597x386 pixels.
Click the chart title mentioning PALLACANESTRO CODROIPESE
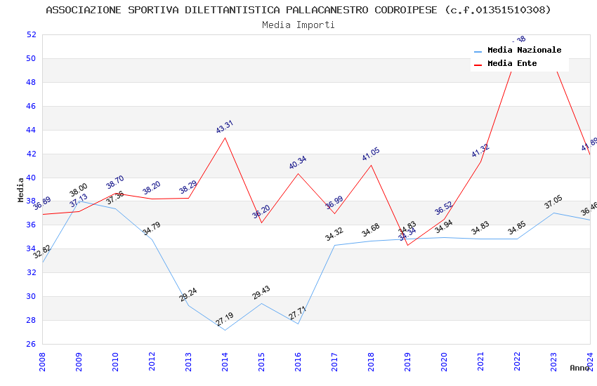tap(298, 10)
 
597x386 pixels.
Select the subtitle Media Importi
tap(298, 25)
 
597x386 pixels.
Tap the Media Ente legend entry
tap(512, 64)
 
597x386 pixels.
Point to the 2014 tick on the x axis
tap(225, 361)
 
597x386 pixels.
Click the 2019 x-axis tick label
tap(407, 361)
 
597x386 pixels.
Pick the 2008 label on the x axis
tap(42, 361)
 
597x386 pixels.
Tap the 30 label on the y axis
tap(31, 296)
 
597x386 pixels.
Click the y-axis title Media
tap(21, 189)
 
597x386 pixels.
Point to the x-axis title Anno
tap(579, 368)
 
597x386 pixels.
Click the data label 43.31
tap(225, 127)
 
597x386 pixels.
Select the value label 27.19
tap(224, 320)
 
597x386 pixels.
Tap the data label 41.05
tap(371, 154)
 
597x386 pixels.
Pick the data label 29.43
tap(261, 293)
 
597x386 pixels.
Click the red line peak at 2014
tap(225, 138)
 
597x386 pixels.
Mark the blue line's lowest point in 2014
tap(225, 330)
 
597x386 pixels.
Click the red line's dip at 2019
tap(407, 245)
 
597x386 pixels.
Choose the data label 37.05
tap(553, 204)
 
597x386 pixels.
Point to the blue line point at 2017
tap(334, 245)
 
